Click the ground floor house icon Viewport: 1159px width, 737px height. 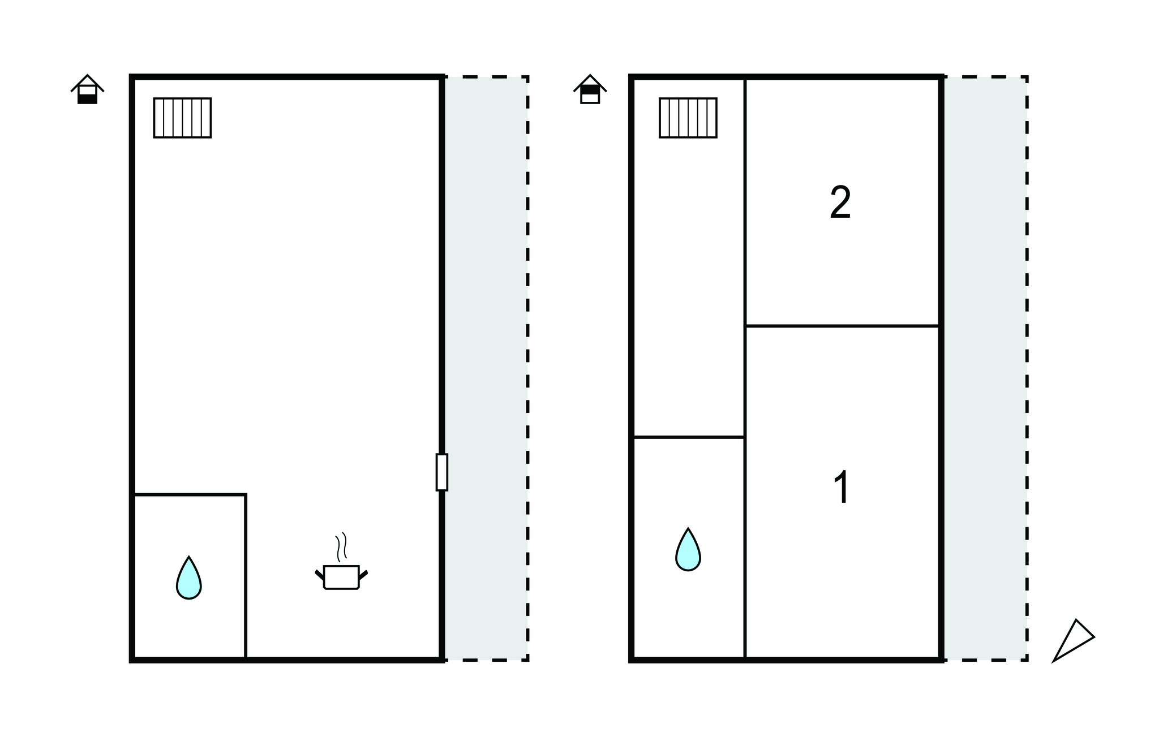[x=87, y=89]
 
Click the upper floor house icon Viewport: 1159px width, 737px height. [x=590, y=89]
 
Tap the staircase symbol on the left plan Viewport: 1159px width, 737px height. [x=182, y=118]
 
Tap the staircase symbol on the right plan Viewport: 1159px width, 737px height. [x=688, y=118]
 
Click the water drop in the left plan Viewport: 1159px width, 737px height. [x=188, y=578]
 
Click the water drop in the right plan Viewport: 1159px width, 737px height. [x=688, y=550]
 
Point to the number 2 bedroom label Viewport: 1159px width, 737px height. [x=840, y=202]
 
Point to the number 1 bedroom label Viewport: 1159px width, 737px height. [x=842, y=487]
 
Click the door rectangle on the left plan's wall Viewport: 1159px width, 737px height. [x=442, y=472]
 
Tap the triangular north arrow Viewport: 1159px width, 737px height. [x=1073, y=640]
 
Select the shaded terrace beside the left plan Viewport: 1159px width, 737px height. [x=486, y=368]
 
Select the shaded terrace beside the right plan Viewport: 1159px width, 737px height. [x=985, y=368]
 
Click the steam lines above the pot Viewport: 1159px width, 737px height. [x=341, y=546]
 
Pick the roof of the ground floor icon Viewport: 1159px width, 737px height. [x=87, y=83]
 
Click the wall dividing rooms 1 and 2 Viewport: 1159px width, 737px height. [x=843, y=326]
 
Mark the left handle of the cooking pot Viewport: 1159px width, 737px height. [x=320, y=575]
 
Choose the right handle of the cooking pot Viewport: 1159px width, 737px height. [x=363, y=575]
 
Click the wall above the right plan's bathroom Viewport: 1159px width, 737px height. [x=689, y=437]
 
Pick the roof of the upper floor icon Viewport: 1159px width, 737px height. [x=590, y=83]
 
